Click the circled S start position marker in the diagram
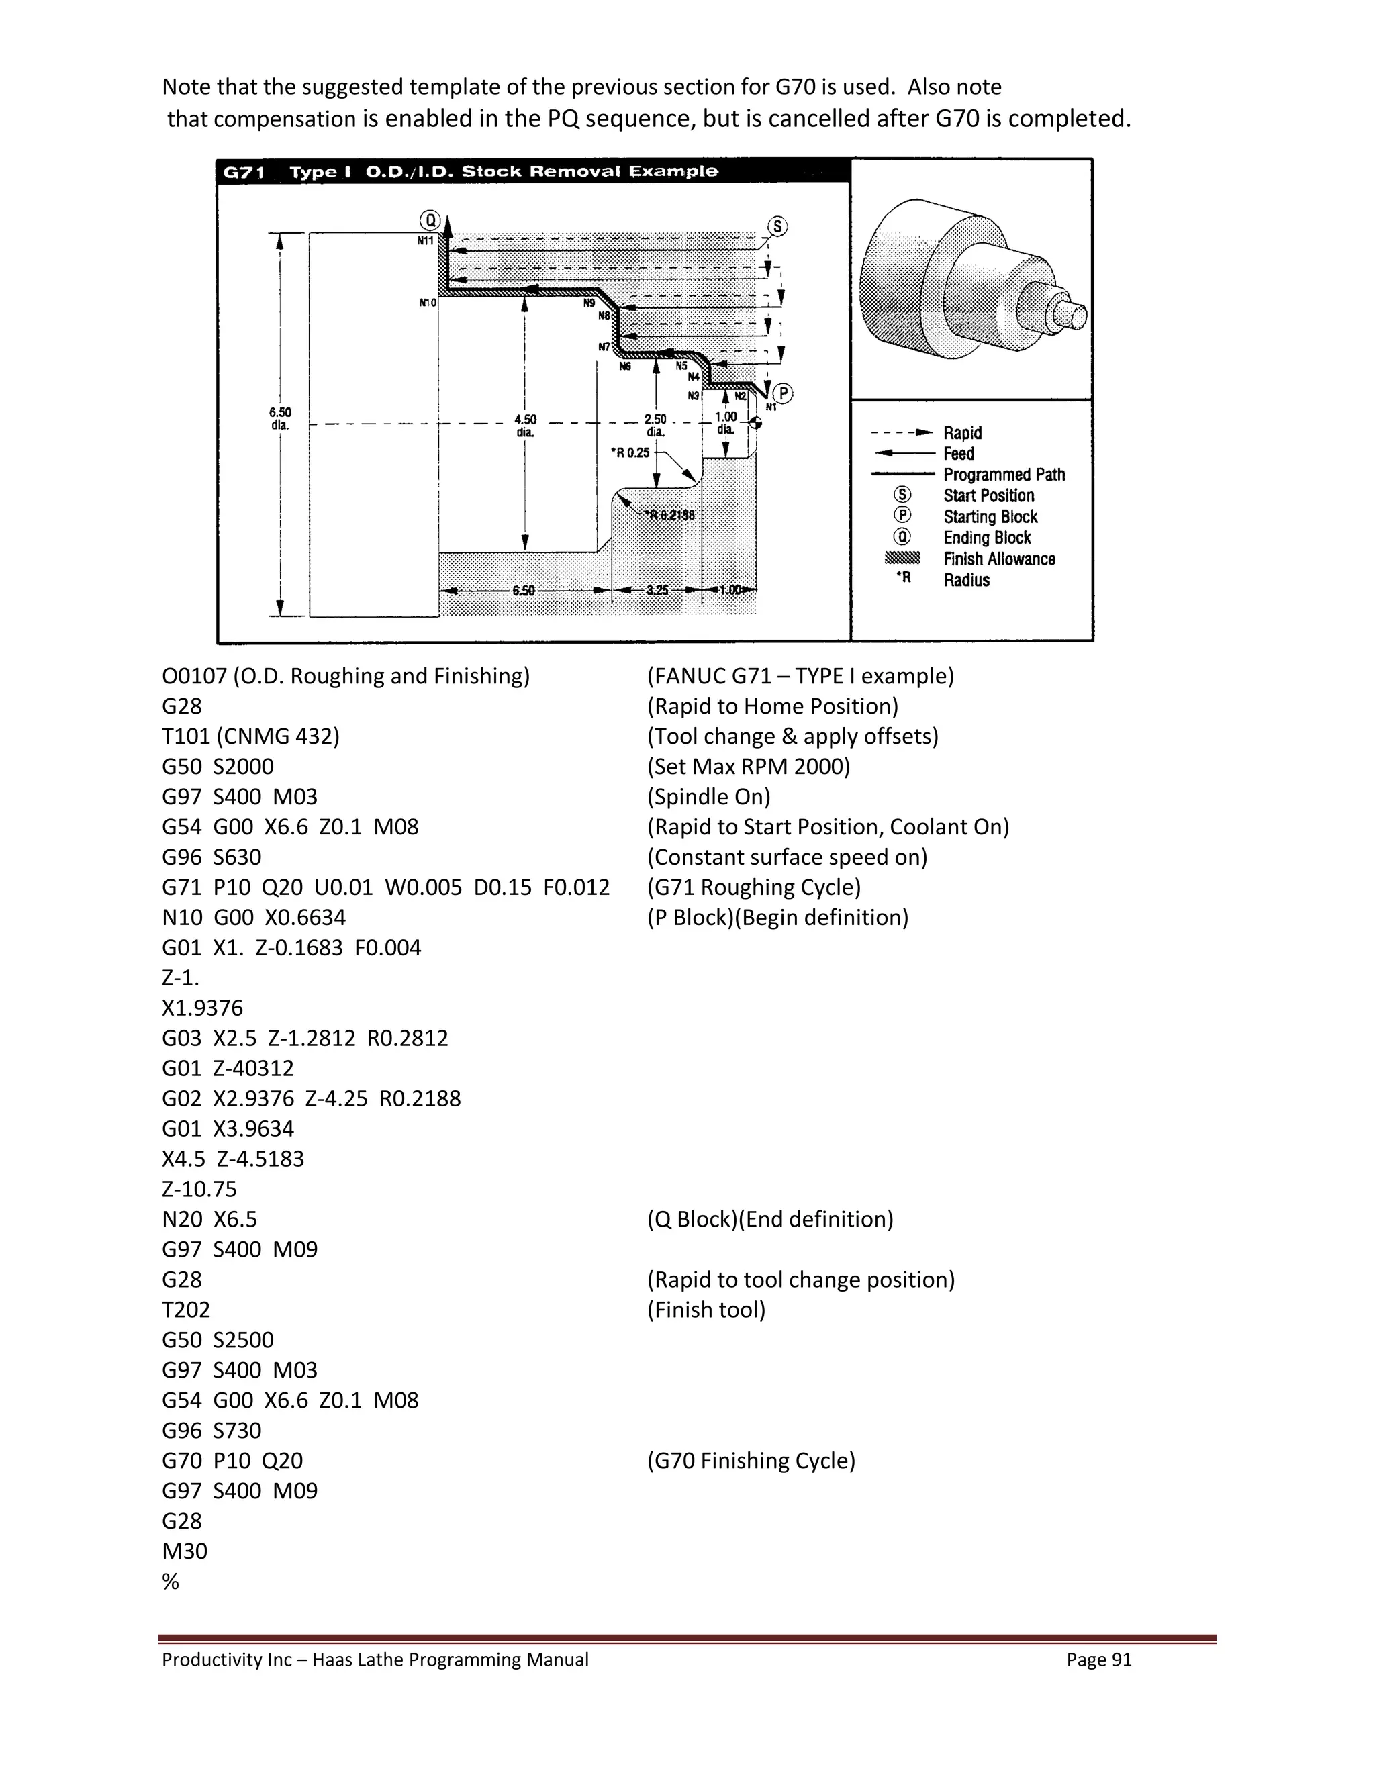[x=778, y=226]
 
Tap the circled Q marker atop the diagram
[x=429, y=220]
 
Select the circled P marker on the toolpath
[x=782, y=393]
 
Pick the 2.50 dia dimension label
[x=655, y=425]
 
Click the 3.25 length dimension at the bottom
[x=657, y=589]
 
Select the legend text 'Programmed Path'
[x=1004, y=475]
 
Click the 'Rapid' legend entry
[x=962, y=432]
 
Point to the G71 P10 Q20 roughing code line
[x=385, y=887]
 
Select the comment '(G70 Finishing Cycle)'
[x=751, y=1461]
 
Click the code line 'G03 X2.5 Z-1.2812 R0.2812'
[x=305, y=1038]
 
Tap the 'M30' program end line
[x=184, y=1551]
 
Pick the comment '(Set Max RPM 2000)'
[x=748, y=767]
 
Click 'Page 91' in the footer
[x=1099, y=1660]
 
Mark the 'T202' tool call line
[x=186, y=1310]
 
